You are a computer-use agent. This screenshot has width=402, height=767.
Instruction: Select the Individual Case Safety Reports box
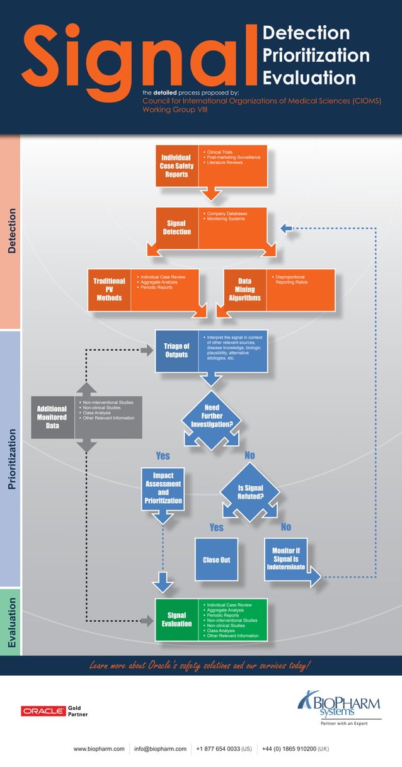pyautogui.click(x=176, y=166)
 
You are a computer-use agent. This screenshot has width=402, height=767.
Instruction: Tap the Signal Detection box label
pyautogui.click(x=176, y=227)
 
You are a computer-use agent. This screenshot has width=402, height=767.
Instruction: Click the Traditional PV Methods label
pyautogui.click(x=109, y=289)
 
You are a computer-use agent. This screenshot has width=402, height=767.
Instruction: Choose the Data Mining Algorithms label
pyautogui.click(x=244, y=289)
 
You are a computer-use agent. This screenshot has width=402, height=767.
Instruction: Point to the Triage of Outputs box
pyautogui.click(x=176, y=350)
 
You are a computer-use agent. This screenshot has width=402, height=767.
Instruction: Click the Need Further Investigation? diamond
pyautogui.click(x=212, y=416)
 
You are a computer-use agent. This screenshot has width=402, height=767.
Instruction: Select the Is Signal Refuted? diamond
pyautogui.click(x=250, y=492)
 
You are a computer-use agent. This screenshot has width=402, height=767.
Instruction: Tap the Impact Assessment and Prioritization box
pyautogui.click(x=163, y=488)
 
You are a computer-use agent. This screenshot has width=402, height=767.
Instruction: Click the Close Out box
pyautogui.click(x=216, y=559)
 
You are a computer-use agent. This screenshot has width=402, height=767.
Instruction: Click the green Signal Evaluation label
pyautogui.click(x=176, y=620)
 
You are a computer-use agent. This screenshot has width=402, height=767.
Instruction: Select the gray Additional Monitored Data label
pyautogui.click(x=52, y=417)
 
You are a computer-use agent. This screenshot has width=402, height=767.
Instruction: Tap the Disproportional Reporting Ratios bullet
pyautogui.click(x=291, y=280)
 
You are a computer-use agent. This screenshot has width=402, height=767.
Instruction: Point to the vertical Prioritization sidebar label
pyautogui.click(x=11, y=459)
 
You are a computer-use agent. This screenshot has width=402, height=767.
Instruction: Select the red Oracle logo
pyautogui.click(x=43, y=711)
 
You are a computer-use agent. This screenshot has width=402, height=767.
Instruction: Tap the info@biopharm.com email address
pyautogui.click(x=160, y=749)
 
